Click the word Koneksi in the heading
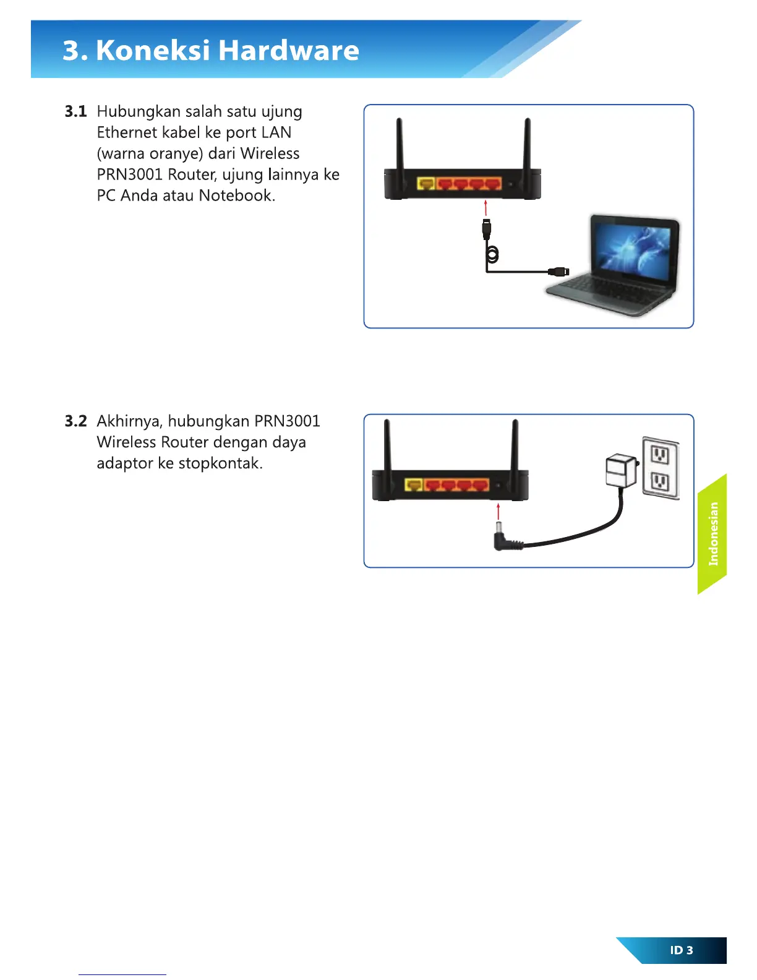153,50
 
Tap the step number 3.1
75,111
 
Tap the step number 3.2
75,421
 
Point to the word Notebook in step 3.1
237,196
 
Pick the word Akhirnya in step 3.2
130,421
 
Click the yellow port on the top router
426,184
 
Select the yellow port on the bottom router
414,485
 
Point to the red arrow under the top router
486,208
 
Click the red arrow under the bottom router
498,512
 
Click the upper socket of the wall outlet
660,456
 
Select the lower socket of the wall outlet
660,481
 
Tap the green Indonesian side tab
712,534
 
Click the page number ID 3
682,950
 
